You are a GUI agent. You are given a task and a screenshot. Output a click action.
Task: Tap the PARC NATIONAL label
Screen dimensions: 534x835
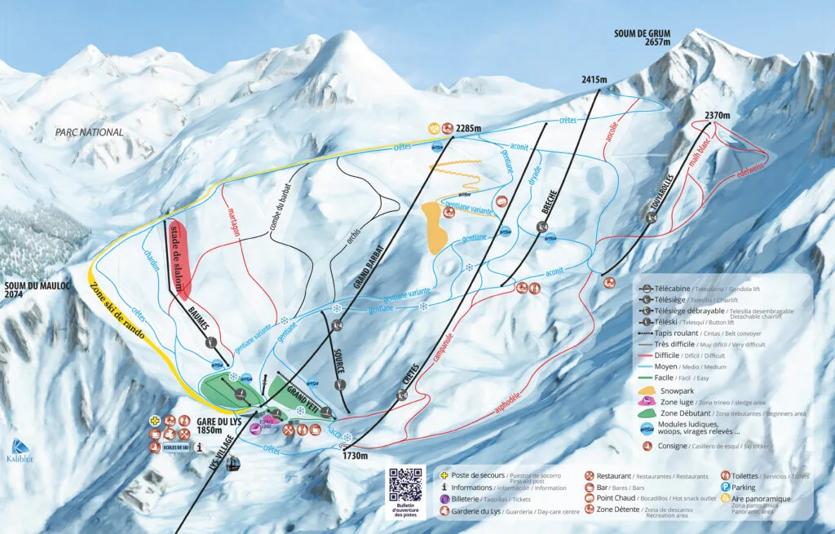click(90, 132)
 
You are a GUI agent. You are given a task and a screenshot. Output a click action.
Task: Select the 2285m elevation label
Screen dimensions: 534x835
click(469, 128)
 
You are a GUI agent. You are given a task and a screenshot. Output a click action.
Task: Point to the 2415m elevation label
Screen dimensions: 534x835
click(595, 80)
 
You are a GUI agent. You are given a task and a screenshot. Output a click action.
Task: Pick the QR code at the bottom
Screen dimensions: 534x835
click(406, 486)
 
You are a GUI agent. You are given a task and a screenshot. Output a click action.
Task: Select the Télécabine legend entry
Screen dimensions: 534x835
click(685, 289)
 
